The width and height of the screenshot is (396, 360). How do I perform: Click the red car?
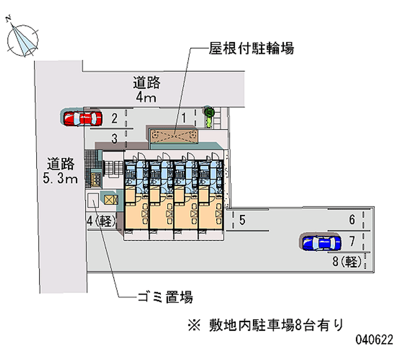(x=83, y=118)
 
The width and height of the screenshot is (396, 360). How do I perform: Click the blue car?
(x=322, y=243)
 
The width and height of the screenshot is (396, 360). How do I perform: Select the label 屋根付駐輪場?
(x=251, y=49)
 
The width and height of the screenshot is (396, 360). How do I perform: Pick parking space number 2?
(x=114, y=118)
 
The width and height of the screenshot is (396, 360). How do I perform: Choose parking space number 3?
(x=114, y=139)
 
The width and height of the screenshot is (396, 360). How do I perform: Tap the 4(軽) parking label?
(x=101, y=221)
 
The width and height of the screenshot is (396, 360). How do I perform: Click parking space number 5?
(x=242, y=220)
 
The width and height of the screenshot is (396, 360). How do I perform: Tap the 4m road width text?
(x=146, y=98)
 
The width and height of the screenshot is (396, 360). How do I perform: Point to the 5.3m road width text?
(x=60, y=179)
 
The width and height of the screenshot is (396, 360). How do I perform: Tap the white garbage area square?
(x=93, y=200)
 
